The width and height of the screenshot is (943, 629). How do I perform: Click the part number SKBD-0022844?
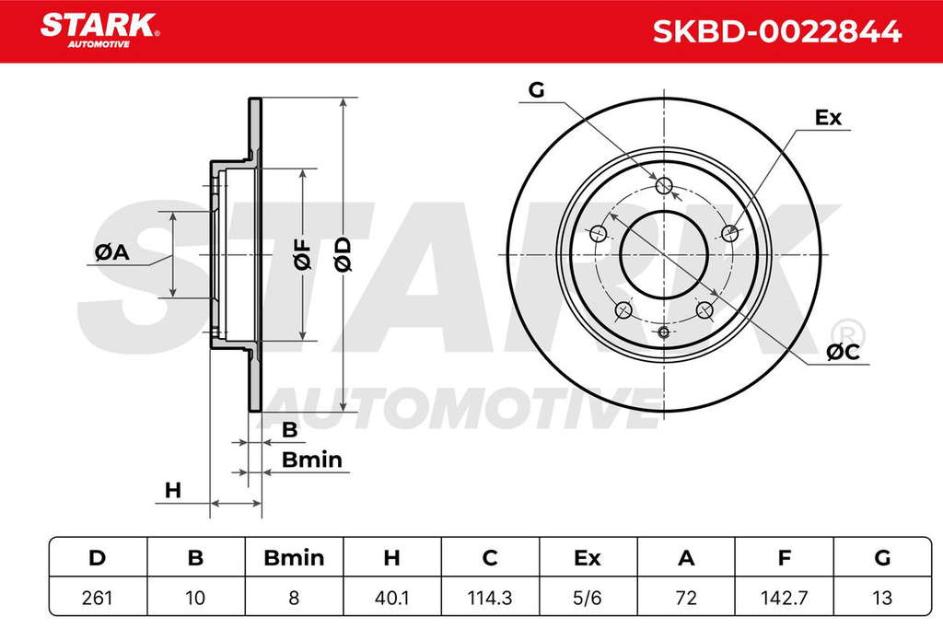(x=776, y=31)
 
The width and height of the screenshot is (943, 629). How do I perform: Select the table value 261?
(x=97, y=598)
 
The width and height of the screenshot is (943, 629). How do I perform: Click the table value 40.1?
(x=391, y=598)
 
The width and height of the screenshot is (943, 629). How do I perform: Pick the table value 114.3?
(x=490, y=598)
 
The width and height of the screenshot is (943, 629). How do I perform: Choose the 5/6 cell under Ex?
(x=588, y=598)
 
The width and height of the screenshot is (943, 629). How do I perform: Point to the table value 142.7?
(x=785, y=598)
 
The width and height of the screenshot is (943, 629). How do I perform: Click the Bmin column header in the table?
(x=294, y=558)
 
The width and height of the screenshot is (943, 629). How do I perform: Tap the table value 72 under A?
(x=686, y=598)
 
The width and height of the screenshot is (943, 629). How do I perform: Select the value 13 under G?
(x=882, y=598)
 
